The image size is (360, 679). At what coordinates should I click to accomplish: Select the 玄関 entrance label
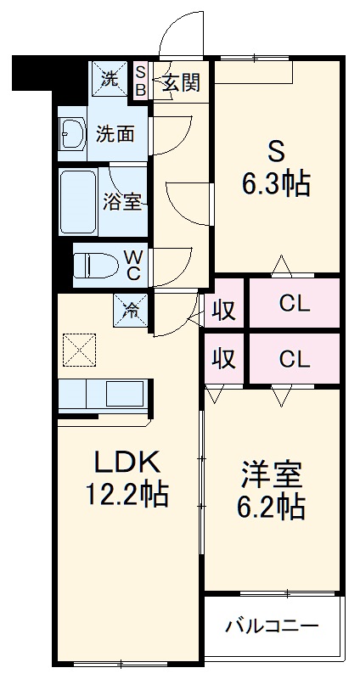click(180, 82)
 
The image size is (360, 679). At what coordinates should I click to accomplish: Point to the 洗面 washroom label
click(114, 133)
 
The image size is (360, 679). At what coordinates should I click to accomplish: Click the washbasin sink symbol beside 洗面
click(71, 133)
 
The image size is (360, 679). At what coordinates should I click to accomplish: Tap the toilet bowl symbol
click(87, 266)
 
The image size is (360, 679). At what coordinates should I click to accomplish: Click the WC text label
click(135, 265)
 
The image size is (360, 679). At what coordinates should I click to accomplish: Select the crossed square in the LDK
click(79, 349)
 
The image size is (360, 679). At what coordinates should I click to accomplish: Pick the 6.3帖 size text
click(276, 183)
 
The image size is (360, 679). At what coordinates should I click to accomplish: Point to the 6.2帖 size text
click(270, 507)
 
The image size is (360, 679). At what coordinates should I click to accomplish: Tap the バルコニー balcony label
click(272, 627)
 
